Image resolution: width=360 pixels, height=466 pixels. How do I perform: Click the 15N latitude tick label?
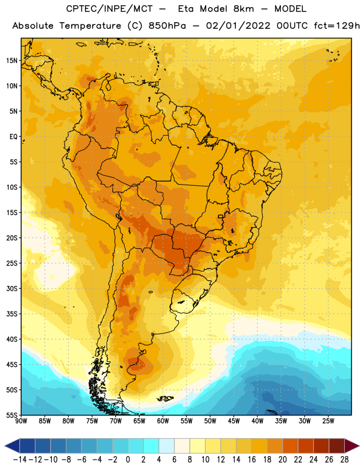(x=12, y=61)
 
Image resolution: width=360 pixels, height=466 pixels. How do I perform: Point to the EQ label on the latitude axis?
(x=13, y=137)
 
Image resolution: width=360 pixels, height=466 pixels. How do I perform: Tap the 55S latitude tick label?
(x=12, y=415)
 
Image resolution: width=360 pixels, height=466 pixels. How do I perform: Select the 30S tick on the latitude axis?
(x=12, y=288)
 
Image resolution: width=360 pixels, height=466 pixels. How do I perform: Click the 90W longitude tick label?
(x=21, y=421)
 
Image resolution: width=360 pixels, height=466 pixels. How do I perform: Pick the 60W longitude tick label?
(x=163, y=421)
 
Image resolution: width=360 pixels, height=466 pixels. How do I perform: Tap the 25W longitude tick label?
(x=328, y=421)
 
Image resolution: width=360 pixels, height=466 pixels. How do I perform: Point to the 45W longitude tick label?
(x=234, y=421)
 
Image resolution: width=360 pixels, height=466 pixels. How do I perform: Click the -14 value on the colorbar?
(x=20, y=460)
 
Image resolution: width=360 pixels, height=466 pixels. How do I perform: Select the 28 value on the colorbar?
(x=344, y=460)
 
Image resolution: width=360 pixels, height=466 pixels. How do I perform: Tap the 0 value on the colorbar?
(x=128, y=460)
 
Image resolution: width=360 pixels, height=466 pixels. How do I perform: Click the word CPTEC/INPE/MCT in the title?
(x=109, y=9)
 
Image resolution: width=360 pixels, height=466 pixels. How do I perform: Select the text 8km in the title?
(x=243, y=9)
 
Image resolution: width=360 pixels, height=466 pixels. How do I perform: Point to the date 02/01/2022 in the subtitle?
(x=238, y=26)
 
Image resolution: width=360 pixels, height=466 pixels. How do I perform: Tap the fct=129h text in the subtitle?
(x=337, y=26)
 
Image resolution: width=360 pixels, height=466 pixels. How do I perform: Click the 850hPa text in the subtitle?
(x=167, y=26)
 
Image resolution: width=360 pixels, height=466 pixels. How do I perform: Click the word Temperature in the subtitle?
(x=90, y=26)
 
